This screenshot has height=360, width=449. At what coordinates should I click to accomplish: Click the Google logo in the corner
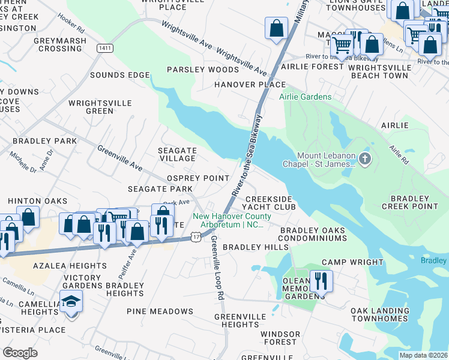click(x=20, y=353)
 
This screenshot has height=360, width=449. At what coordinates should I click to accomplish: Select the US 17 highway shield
click(x=195, y=238)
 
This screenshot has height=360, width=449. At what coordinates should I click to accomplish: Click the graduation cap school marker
click(x=71, y=301)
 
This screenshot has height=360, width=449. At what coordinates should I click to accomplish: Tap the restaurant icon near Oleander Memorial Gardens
click(x=321, y=280)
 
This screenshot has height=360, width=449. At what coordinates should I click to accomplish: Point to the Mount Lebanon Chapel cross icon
click(x=366, y=160)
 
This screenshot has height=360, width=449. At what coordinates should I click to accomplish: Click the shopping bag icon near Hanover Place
click(x=276, y=28)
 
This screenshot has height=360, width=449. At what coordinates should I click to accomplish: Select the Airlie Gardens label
click(x=305, y=97)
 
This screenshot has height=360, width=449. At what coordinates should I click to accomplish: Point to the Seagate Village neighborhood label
click(x=176, y=154)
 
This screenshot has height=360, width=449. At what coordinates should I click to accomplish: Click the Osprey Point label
click(x=197, y=178)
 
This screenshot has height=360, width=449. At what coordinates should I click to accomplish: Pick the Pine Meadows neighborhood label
click(x=160, y=311)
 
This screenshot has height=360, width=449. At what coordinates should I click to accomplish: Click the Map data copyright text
click(x=423, y=355)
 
